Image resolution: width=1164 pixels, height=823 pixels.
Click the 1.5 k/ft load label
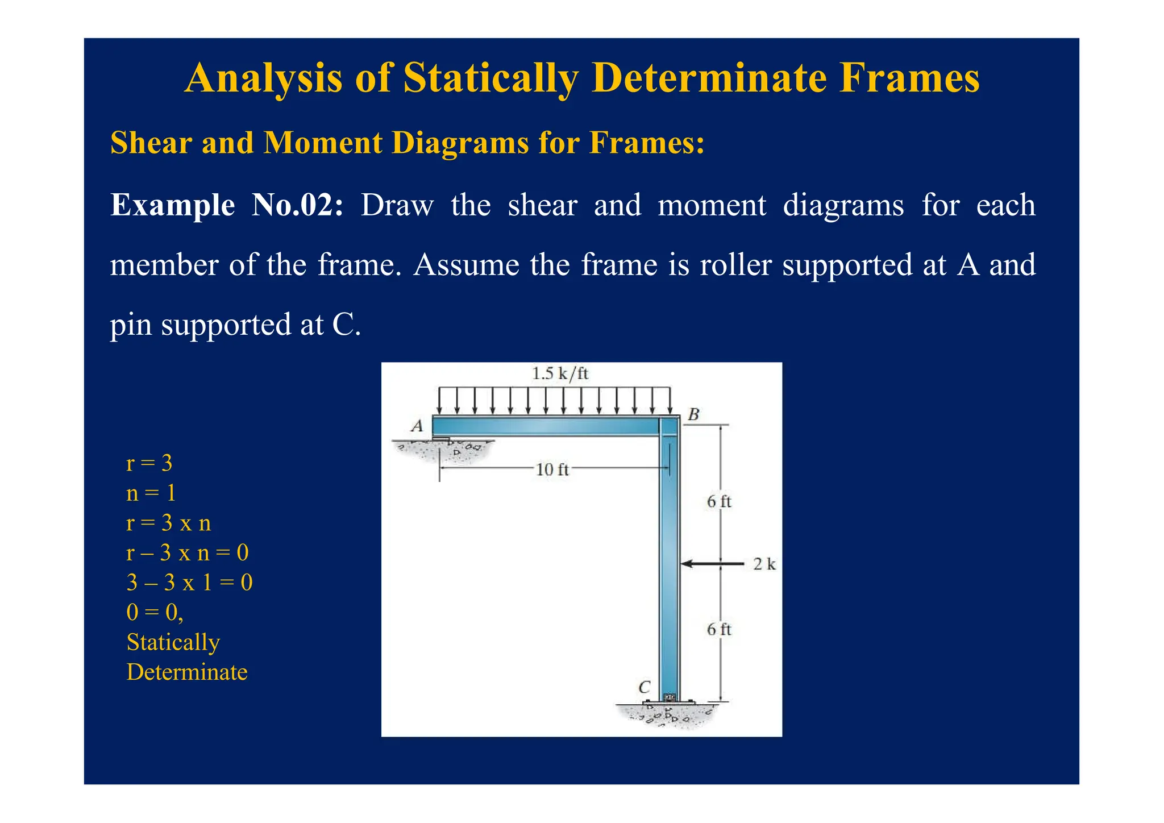click(x=560, y=373)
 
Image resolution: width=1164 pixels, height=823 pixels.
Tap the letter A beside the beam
click(x=417, y=426)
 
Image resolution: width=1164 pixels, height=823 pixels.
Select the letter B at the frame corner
click(x=693, y=414)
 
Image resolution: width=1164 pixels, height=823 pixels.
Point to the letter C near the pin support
click(x=644, y=687)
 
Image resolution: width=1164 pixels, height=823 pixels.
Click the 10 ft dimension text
click(x=552, y=469)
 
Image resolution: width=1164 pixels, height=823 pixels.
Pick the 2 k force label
click(x=764, y=564)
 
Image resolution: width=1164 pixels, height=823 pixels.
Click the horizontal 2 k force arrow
click(x=712, y=564)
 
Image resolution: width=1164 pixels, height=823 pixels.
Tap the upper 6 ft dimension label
click(x=719, y=501)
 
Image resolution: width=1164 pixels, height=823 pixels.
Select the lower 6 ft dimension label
click(x=719, y=629)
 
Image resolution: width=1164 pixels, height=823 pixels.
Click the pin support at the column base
click(x=669, y=698)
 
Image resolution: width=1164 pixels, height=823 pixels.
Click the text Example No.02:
click(x=227, y=205)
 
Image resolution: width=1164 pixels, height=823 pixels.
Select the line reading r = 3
click(x=149, y=463)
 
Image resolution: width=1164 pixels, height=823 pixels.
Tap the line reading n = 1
click(x=151, y=493)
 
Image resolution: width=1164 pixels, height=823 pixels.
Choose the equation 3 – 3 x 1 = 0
click(x=189, y=583)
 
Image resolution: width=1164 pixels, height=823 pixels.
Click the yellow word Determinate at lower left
click(x=187, y=672)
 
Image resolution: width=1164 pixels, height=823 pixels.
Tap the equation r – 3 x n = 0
click(x=187, y=552)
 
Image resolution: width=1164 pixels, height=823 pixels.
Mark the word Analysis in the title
click(x=264, y=78)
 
